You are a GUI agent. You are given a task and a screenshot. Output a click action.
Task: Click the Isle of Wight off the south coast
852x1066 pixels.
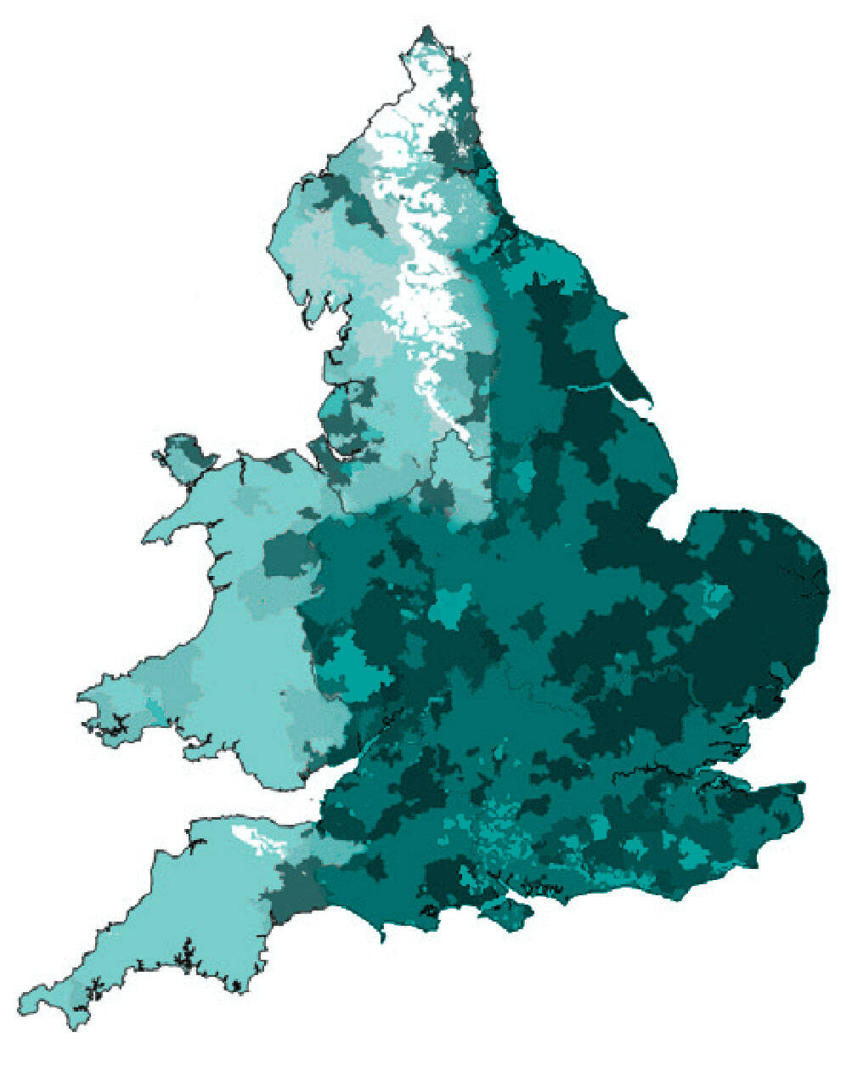click(505, 913)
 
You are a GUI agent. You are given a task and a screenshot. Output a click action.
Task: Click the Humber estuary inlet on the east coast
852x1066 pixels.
click(595, 387)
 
